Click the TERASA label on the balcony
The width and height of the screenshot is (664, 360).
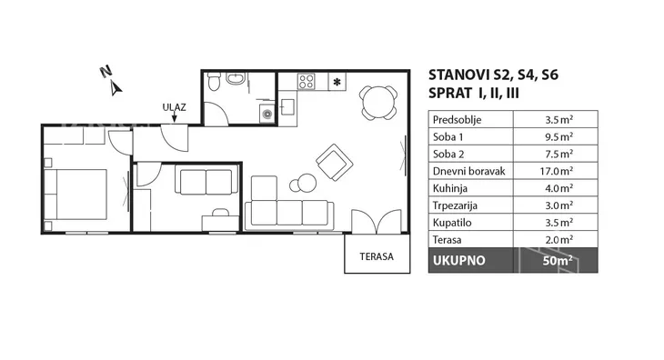click(x=377, y=256)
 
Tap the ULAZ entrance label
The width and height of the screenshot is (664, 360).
click(x=174, y=107)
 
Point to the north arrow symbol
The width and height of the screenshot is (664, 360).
click(x=116, y=89)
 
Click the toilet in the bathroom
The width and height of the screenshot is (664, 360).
click(x=215, y=81)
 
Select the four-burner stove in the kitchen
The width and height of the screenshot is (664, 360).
click(x=306, y=81)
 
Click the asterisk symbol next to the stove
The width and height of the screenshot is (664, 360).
click(x=337, y=82)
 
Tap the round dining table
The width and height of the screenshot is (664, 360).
click(x=378, y=103)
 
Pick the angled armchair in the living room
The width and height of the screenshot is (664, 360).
click(x=335, y=162)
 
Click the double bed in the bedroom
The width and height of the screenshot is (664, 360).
click(x=75, y=195)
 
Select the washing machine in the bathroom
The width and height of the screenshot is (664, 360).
click(x=267, y=114)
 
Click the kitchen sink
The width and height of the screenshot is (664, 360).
click(x=288, y=107)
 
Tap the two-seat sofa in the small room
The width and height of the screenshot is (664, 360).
click(x=206, y=179)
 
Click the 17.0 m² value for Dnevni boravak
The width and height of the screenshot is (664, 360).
click(x=558, y=171)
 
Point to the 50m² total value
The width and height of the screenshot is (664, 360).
click(x=558, y=260)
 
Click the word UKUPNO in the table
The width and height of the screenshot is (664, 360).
click(x=458, y=261)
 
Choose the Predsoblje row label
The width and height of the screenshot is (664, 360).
click(x=457, y=120)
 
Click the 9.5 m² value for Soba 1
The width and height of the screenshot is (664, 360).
click(x=559, y=136)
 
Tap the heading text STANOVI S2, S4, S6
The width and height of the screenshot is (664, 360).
click(x=493, y=75)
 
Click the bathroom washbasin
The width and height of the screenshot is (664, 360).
click(x=236, y=78)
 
